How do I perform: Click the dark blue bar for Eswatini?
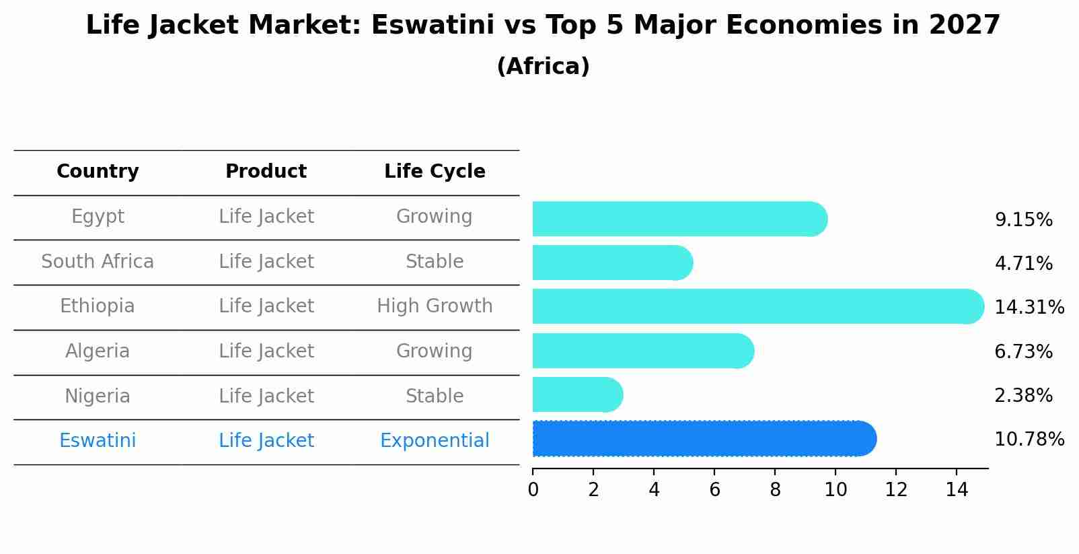[703, 439]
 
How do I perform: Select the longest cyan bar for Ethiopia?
[757, 307]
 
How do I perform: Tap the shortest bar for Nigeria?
[576, 395]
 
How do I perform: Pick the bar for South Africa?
[611, 263]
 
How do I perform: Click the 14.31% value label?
[1029, 308]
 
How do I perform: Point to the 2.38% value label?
[1023, 396]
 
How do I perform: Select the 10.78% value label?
[1029, 440]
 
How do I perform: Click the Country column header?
[98, 172]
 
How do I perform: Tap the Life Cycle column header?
[435, 172]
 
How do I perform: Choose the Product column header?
[266, 172]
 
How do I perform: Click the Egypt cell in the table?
[98, 217]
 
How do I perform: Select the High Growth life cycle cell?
[435, 306]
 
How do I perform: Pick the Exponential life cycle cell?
[435, 441]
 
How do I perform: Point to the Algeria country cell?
[98, 351]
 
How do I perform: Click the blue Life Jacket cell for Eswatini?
[266, 441]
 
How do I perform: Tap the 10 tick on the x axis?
[835, 490]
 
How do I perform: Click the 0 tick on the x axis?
[533, 490]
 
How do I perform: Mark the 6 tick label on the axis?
[714, 490]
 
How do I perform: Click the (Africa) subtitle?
[543, 67]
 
